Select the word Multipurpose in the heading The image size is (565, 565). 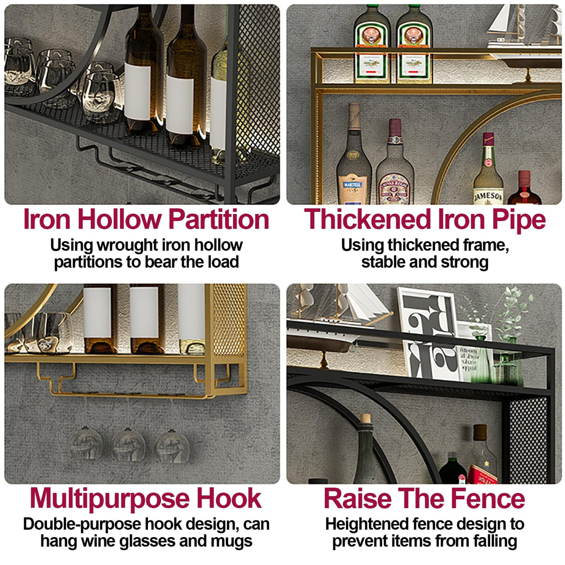pyautogui.click(x=110, y=498)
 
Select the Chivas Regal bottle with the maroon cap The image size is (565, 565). pyautogui.click(x=395, y=168)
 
